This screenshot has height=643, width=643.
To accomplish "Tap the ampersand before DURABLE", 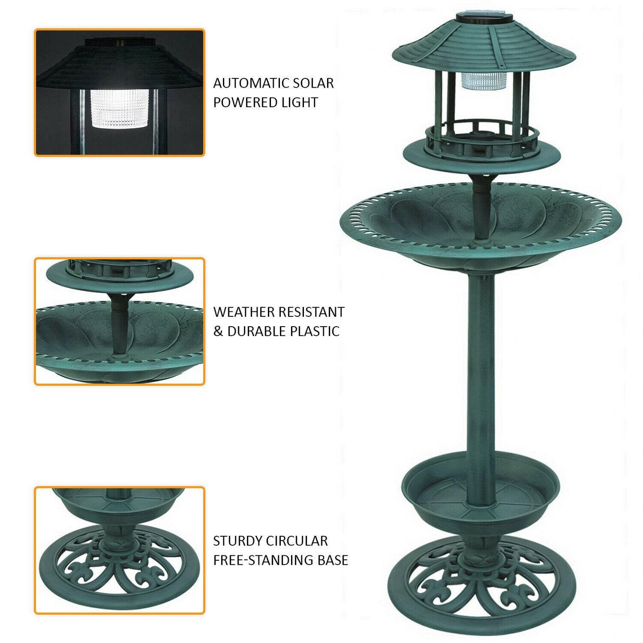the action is point(218,332).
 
